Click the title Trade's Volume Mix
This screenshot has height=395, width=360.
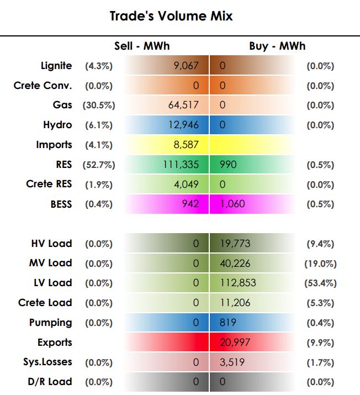point(171,16)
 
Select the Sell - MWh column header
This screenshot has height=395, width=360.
point(142,46)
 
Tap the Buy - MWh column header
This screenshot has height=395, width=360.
point(277,46)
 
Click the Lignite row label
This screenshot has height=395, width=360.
point(56,66)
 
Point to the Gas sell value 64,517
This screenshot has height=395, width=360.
point(183,105)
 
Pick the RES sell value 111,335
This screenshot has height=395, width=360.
point(181,165)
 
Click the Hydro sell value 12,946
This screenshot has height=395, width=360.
point(183,125)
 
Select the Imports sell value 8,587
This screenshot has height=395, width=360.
point(186,145)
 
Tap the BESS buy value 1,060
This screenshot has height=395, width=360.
point(232,204)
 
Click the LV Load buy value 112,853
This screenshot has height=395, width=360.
point(238,283)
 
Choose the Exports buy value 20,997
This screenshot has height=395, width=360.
point(235,343)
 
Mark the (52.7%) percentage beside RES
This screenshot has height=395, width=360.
point(99,165)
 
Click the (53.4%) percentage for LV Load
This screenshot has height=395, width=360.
point(320,283)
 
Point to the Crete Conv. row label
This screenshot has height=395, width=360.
point(43,86)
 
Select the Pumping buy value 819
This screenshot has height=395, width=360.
point(228,323)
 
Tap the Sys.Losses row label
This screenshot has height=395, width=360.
point(47,362)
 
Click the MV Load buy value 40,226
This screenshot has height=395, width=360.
point(235,264)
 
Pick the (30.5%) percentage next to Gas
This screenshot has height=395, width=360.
point(99,105)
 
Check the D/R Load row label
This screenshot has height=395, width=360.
point(50,382)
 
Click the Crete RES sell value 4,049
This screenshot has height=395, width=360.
point(186,184)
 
